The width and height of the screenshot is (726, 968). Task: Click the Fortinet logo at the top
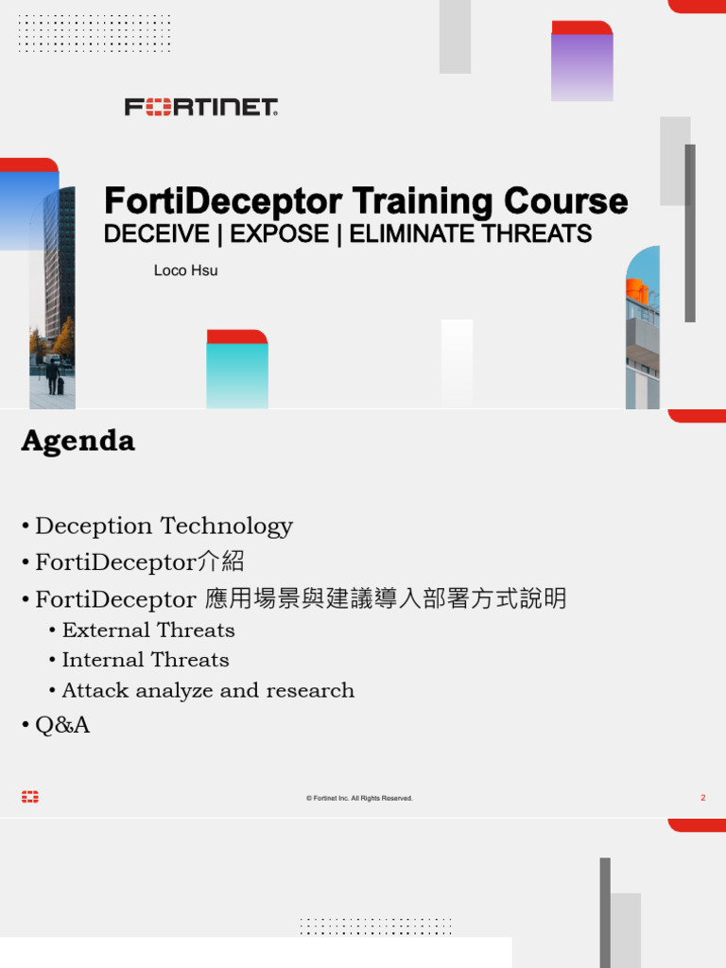point(201,107)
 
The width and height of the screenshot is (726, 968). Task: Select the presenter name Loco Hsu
point(185,270)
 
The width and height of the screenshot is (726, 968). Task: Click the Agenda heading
point(78,441)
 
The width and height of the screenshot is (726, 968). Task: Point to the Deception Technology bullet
point(164,526)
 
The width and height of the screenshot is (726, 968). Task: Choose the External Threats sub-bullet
point(148,630)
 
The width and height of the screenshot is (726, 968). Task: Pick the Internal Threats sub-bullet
point(146,660)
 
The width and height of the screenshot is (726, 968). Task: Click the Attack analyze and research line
point(208,690)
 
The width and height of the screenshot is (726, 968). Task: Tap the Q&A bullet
point(62,725)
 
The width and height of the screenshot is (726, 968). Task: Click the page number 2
point(702,798)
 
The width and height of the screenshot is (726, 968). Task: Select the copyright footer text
point(359,799)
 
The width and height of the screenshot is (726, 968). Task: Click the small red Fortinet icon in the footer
point(30,798)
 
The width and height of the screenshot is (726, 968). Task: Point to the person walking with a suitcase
point(53,376)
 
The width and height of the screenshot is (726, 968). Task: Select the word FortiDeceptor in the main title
point(223,201)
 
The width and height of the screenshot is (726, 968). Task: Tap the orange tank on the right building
point(637,291)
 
